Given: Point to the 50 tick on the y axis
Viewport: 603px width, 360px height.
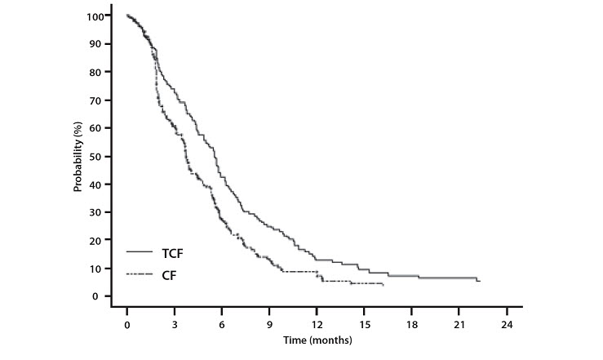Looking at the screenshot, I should (x=103, y=156).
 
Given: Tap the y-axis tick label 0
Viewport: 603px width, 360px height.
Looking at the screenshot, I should (x=106, y=296).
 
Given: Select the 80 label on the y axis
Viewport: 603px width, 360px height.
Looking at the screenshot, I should (x=103, y=72).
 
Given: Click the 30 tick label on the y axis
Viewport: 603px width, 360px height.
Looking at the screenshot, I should (x=103, y=212).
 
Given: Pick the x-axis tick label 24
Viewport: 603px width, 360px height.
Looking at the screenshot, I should (x=507, y=324).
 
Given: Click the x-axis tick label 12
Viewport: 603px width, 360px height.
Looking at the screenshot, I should (x=317, y=324).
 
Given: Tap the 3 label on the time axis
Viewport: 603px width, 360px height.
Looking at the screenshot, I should (x=175, y=324).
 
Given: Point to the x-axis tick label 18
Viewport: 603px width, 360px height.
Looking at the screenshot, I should (x=412, y=324).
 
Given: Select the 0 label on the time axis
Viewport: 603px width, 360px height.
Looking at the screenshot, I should (x=127, y=324).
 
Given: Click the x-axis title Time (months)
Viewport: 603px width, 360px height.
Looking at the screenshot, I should (x=317, y=339).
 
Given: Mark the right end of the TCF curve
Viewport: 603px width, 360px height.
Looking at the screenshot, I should (x=480, y=282).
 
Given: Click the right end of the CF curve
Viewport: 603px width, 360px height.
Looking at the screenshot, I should (x=384, y=285).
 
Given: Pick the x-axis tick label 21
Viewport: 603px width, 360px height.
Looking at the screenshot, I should (x=459, y=324).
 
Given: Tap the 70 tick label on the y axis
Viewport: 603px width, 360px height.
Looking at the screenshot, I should (x=103, y=100).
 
